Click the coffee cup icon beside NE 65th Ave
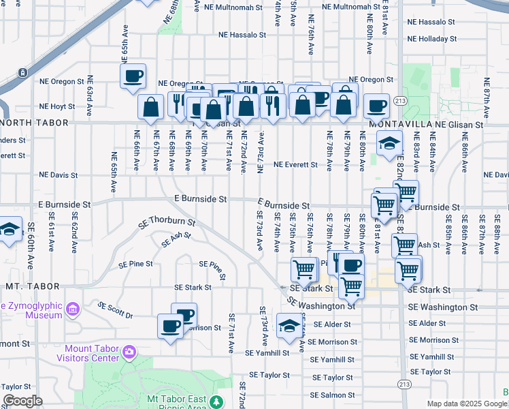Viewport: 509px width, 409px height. [x=133, y=76]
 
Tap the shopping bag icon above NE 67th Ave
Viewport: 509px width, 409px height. [x=150, y=108]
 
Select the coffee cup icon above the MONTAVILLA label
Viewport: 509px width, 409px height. [x=376, y=106]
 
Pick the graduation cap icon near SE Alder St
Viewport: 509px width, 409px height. [x=289, y=326]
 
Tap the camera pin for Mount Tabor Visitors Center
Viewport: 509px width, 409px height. [x=129, y=352]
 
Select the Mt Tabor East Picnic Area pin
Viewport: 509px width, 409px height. [x=216, y=402]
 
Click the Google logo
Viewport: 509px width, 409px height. [x=22, y=402]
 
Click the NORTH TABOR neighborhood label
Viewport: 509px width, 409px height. [x=35, y=123]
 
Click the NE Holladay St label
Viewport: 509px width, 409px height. [x=437, y=39]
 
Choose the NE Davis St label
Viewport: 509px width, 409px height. [x=58, y=175]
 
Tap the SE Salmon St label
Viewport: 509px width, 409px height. [x=332, y=395]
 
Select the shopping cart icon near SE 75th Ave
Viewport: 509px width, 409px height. [x=303, y=269]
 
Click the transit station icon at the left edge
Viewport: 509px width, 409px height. [x=22, y=72]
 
